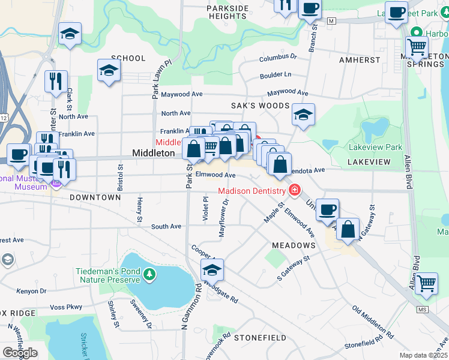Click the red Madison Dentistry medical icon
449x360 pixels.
click(294, 191)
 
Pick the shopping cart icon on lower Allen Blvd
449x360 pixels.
click(426, 283)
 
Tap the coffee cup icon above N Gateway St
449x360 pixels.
click(327, 210)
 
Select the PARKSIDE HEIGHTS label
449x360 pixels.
click(228, 12)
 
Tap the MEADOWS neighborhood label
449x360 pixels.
click(294, 245)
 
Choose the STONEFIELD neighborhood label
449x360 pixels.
click(260, 338)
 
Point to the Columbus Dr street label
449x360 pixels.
click(278, 58)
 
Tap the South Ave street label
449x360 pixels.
click(166, 226)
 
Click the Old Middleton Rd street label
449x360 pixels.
click(373, 321)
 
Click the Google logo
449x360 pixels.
click(19, 353)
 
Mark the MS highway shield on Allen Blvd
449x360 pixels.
click(423, 309)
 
